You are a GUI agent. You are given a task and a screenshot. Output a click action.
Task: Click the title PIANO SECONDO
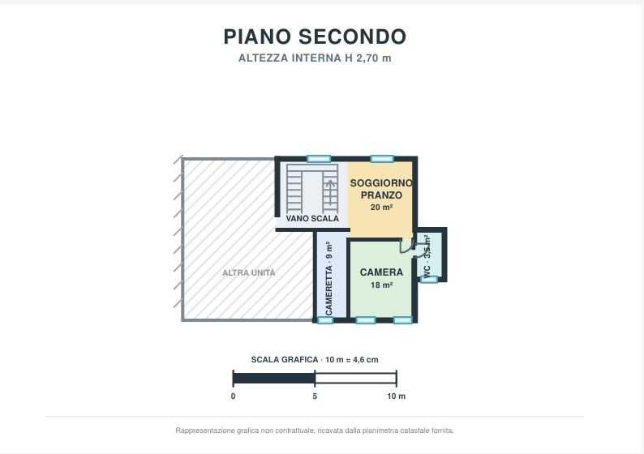click(315, 36)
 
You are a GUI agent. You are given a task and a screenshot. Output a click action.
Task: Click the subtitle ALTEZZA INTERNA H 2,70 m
click(315, 58)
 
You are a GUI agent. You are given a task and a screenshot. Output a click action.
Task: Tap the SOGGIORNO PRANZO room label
click(381, 189)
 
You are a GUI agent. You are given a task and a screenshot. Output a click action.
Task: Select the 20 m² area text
click(381, 208)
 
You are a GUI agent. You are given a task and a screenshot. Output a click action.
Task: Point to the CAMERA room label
click(381, 272)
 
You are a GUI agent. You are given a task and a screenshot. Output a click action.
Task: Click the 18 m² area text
click(381, 285)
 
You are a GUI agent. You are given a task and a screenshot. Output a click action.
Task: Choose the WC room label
click(427, 271)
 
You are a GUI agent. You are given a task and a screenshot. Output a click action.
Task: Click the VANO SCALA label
click(312, 218)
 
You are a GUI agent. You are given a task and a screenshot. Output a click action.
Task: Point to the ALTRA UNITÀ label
click(248, 272)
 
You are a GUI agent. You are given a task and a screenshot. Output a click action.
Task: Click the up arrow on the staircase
click(330, 192)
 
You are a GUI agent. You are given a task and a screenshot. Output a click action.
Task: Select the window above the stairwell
click(319, 159)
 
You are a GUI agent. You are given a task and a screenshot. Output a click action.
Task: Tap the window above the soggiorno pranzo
click(382, 159)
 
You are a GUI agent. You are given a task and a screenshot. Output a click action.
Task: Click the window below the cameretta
click(325, 320)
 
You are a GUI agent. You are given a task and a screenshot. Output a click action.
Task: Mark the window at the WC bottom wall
click(429, 280)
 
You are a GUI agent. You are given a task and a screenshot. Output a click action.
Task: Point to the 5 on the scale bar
click(315, 396)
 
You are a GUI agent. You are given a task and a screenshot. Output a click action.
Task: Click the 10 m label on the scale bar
click(397, 396)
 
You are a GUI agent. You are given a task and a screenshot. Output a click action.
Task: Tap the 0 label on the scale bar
click(234, 396)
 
